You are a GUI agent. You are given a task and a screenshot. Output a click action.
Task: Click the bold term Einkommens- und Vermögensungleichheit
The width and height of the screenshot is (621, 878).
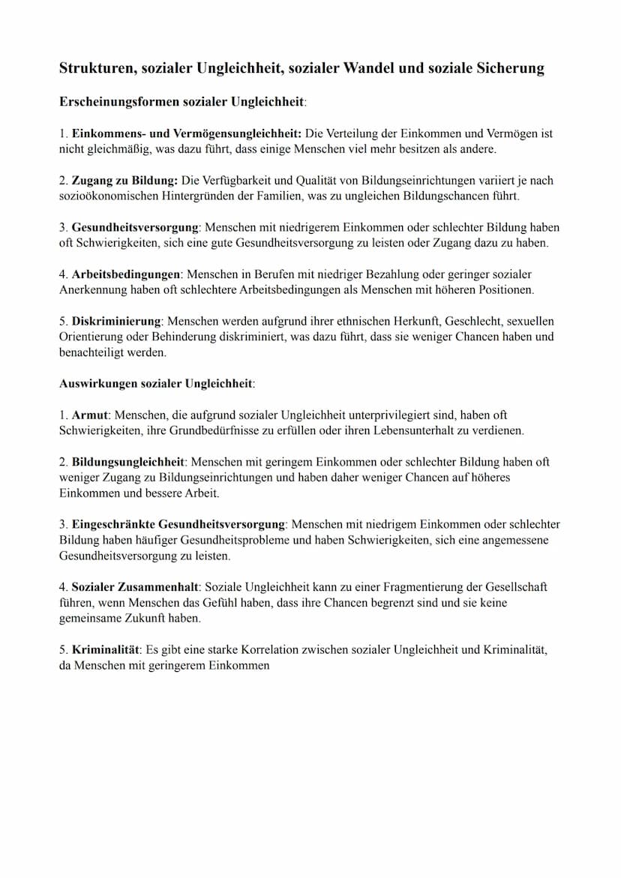[x=187, y=133]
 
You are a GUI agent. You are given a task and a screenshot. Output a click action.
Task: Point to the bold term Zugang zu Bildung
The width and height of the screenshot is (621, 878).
[x=124, y=181]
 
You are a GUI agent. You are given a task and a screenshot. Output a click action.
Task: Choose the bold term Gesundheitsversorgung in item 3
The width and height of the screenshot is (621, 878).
[x=135, y=227]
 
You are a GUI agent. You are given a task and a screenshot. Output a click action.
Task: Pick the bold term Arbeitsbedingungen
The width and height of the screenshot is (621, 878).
[x=125, y=274]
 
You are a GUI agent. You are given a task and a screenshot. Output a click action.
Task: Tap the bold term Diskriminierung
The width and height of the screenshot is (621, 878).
[x=117, y=321]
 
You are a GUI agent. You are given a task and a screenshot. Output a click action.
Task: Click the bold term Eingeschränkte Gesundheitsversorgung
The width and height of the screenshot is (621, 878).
[x=178, y=524]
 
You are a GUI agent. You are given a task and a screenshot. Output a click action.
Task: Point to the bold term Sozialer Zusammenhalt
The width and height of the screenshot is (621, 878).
[x=135, y=586]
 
